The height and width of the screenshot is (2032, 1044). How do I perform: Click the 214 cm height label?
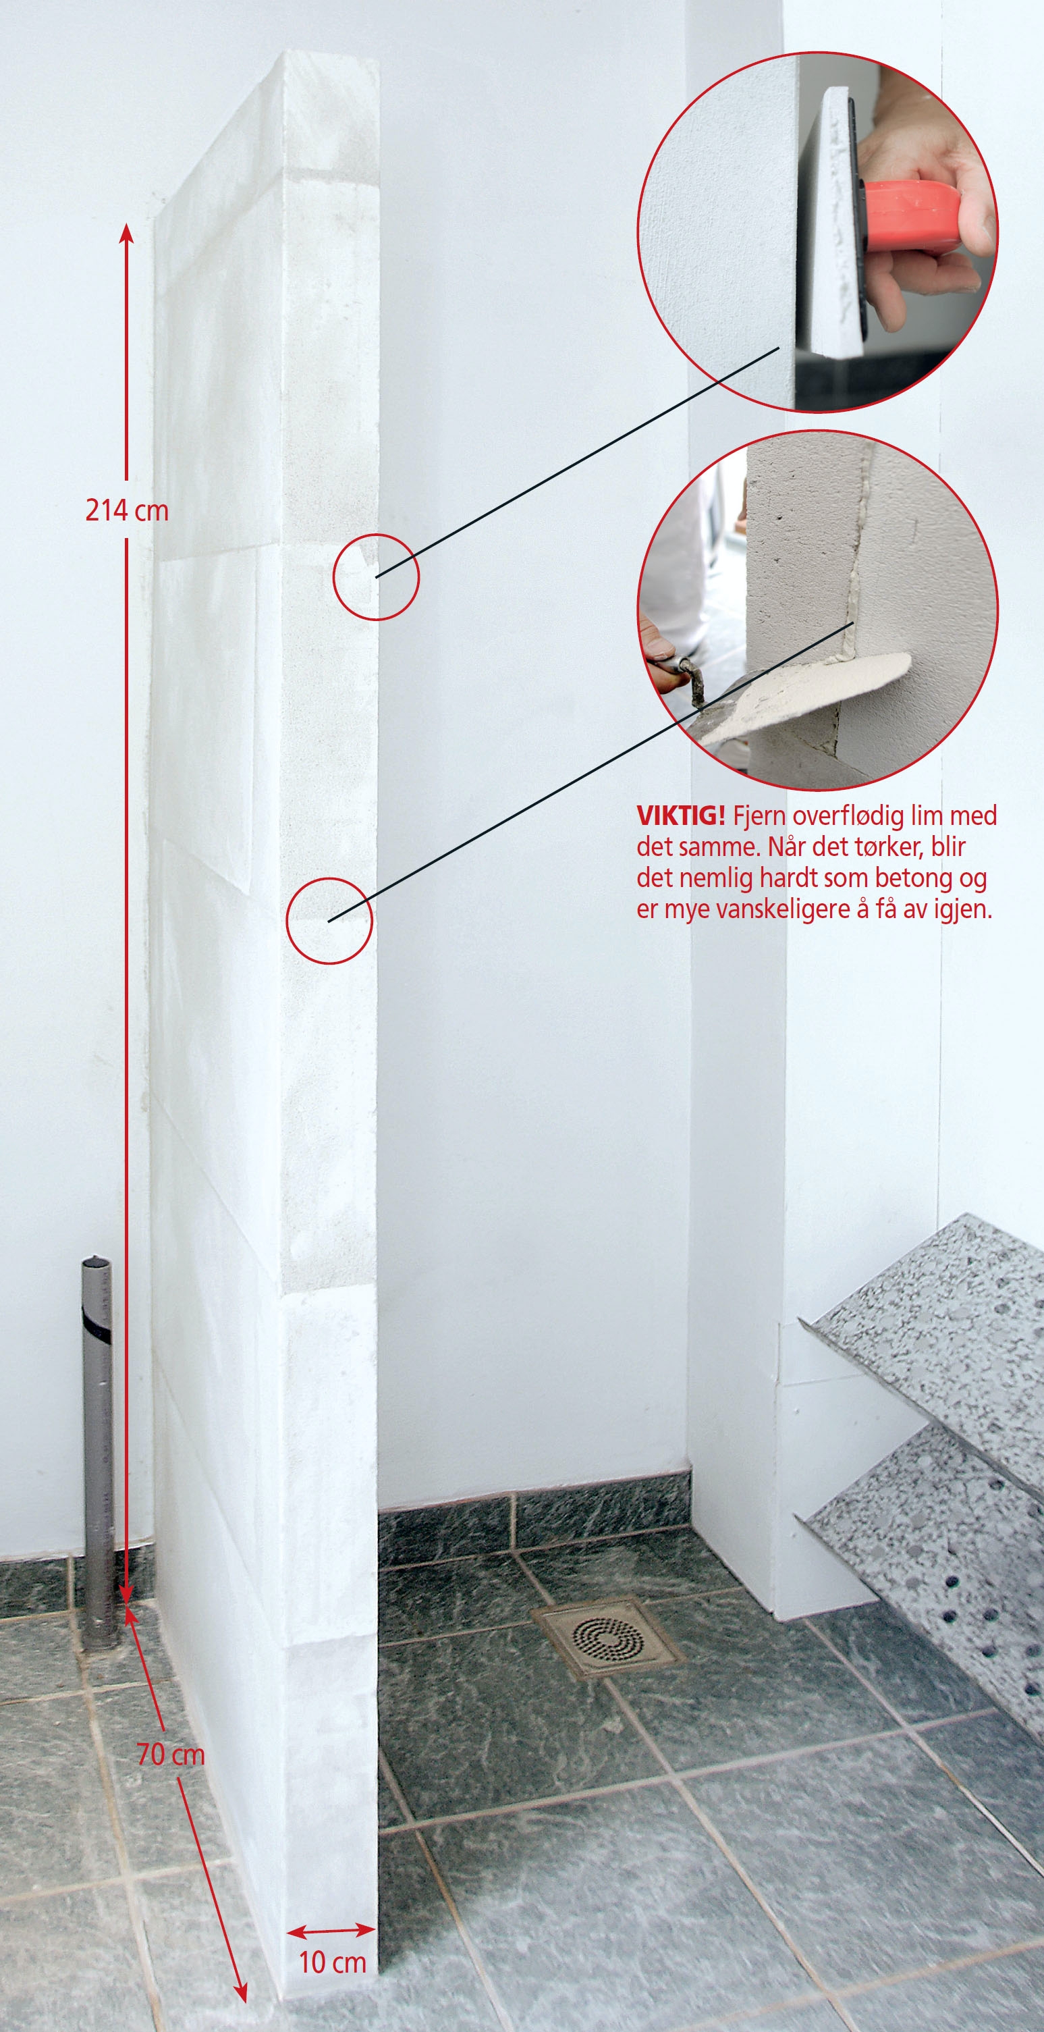point(127,510)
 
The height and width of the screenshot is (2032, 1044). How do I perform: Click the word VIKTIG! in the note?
point(680,815)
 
